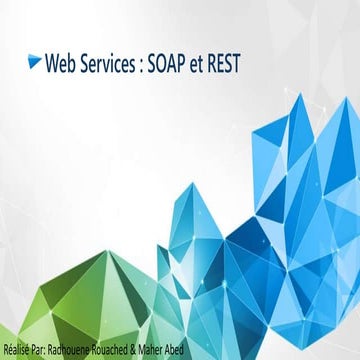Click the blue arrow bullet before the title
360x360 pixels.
(x=36, y=64)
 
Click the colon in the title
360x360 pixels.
(x=147, y=65)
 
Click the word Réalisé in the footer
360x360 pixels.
(x=18, y=349)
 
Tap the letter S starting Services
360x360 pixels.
(x=87, y=64)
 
